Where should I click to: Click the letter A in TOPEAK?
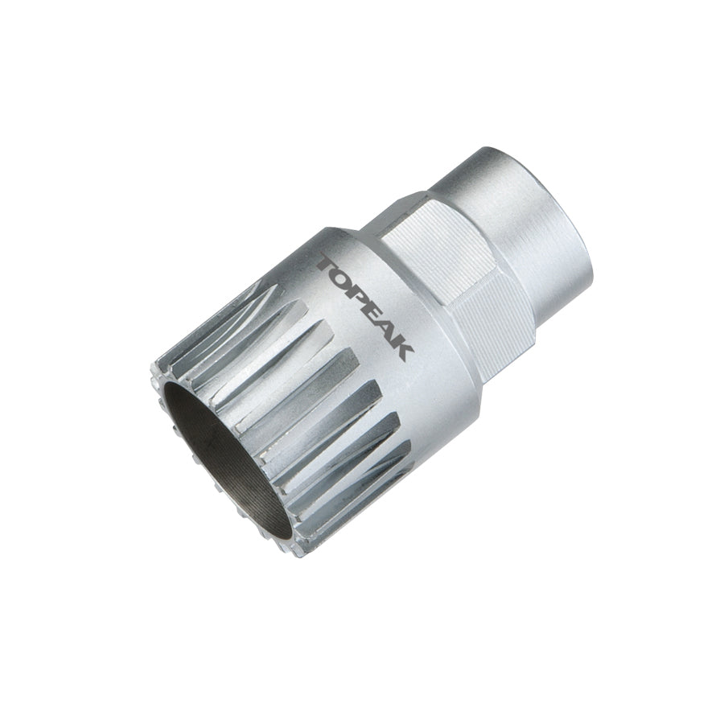pos(390,331)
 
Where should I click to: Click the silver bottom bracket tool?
pos(362,362)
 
